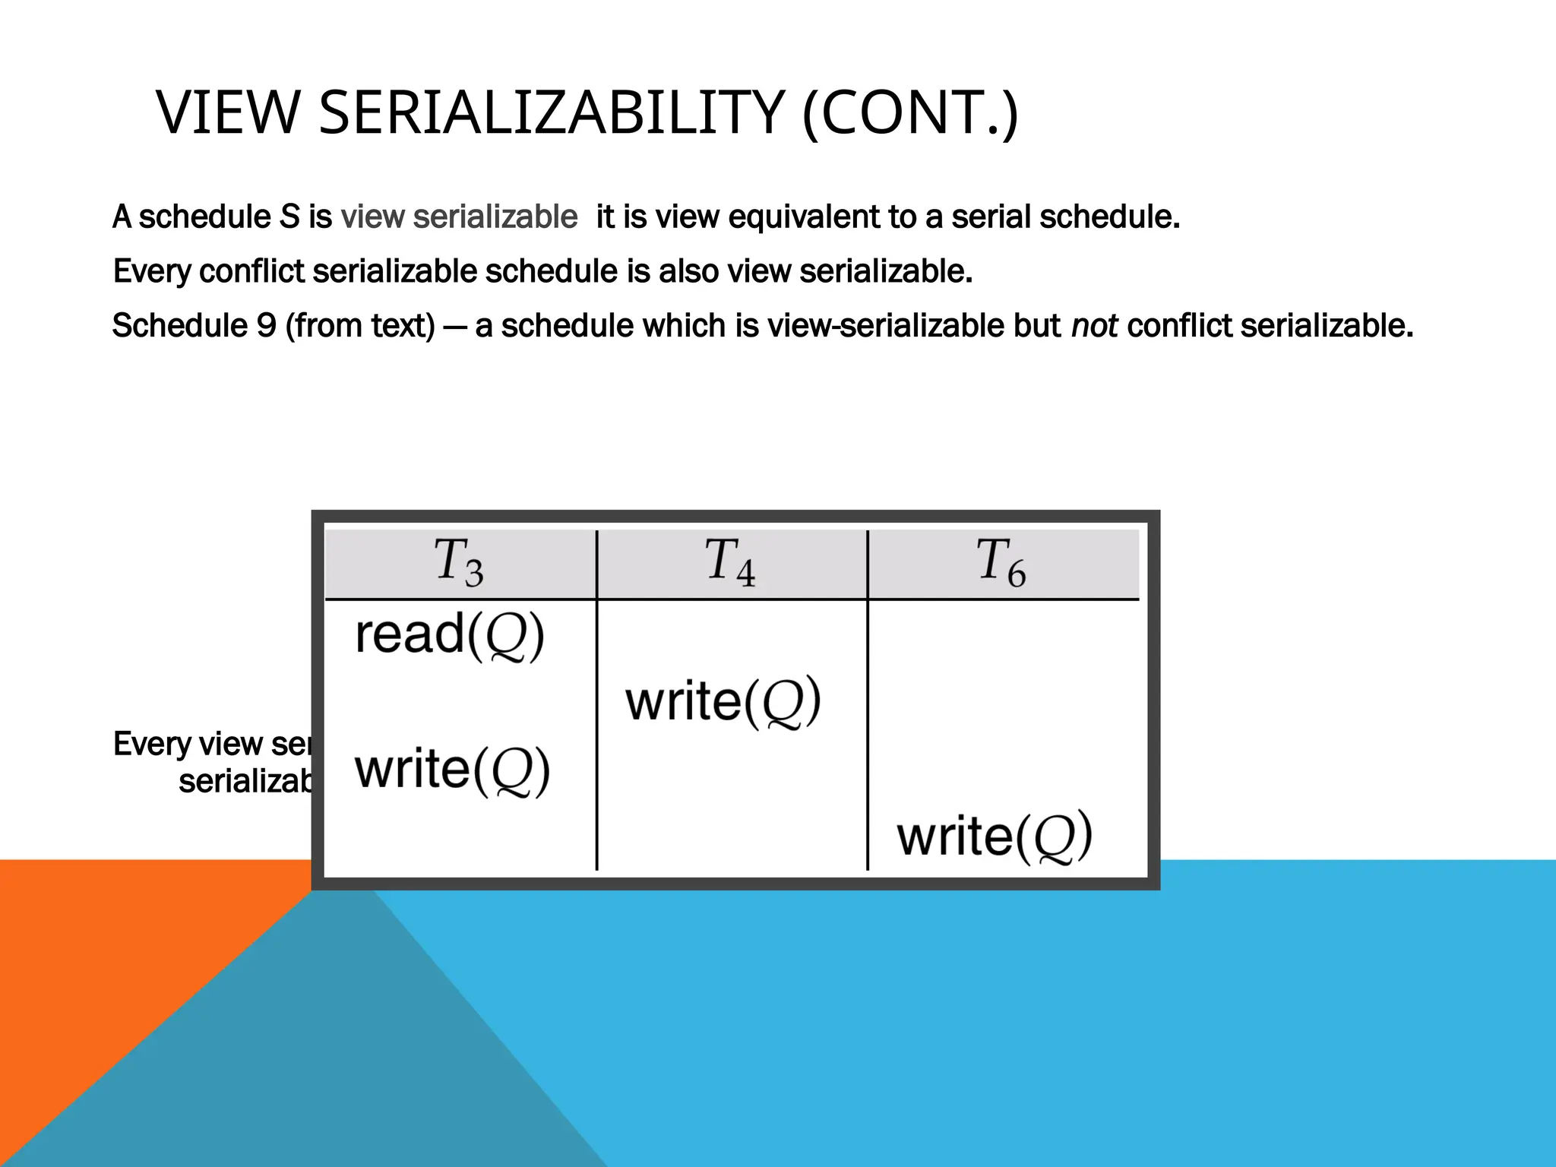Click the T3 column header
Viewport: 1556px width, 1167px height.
click(x=459, y=563)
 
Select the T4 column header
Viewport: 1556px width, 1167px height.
click(x=730, y=563)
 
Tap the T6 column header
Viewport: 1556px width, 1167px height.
click(x=1001, y=563)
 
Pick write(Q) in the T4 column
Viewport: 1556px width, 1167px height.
click(x=723, y=701)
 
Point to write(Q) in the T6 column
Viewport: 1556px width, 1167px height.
click(x=995, y=837)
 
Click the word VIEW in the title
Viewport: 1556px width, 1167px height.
click(x=228, y=114)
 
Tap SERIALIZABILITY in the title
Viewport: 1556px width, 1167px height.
click(x=551, y=114)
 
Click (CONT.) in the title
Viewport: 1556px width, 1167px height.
click(x=909, y=114)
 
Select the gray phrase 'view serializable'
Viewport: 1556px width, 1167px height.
click(x=459, y=217)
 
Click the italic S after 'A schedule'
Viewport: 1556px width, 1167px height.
click(x=289, y=217)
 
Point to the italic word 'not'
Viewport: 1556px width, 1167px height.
click(x=1094, y=326)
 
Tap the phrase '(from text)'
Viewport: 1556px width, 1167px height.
click(x=360, y=326)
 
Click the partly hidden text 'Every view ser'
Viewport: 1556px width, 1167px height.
click(x=211, y=744)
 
